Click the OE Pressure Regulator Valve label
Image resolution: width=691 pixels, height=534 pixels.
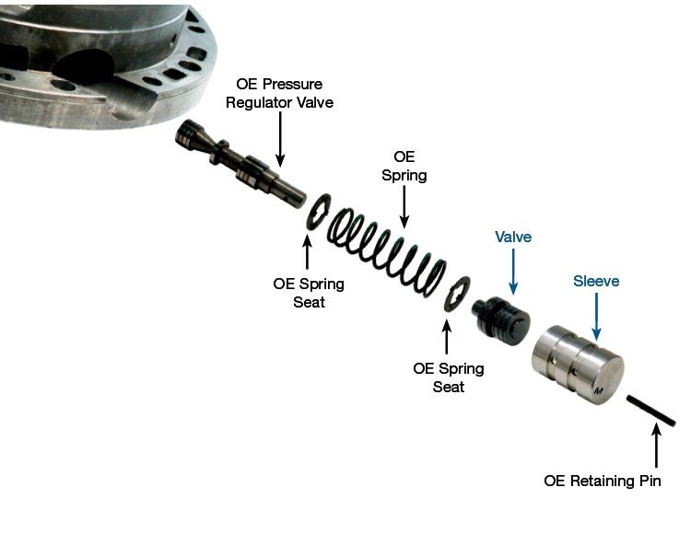tap(279, 93)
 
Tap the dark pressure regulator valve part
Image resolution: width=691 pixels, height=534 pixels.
tap(240, 164)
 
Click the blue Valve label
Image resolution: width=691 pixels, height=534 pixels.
tap(513, 237)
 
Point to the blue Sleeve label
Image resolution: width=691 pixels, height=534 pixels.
tap(596, 281)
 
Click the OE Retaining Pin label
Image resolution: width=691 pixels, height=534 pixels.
tap(603, 481)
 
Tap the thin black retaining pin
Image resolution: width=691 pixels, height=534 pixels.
tap(650, 411)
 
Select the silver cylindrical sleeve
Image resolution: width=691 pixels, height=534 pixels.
tap(578, 365)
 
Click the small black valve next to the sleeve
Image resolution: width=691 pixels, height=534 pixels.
tap(500, 320)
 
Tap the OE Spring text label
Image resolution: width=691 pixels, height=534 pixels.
tap(404, 166)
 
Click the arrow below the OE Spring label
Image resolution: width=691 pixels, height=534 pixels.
tap(404, 206)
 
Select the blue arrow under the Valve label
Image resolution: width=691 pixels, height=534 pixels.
tap(513, 272)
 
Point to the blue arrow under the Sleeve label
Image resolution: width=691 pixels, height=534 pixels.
tap(596, 317)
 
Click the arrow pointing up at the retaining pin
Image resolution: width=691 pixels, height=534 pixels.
tap(656, 445)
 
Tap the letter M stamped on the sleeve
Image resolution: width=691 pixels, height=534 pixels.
tap(599, 391)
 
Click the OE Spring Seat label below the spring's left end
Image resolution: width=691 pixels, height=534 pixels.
tap(309, 293)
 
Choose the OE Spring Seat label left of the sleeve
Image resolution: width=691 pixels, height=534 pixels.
tap(448, 377)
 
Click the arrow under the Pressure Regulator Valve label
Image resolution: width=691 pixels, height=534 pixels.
tap(280, 139)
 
